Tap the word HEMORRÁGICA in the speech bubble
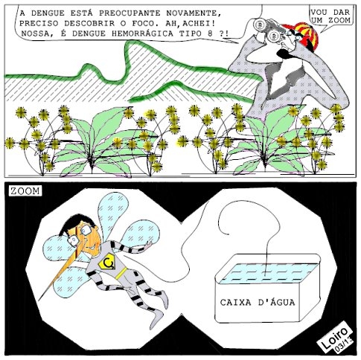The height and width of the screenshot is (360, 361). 142,33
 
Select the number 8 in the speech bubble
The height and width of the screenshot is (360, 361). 210,33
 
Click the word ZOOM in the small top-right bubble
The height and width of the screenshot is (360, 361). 339,20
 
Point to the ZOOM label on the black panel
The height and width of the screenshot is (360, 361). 25,191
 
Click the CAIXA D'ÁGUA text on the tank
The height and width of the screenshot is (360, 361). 258,302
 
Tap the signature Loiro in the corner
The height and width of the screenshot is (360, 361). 334,335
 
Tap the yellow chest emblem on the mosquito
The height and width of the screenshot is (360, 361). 107,263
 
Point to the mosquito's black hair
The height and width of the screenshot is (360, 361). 76,222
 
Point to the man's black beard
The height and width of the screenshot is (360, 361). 285,53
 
